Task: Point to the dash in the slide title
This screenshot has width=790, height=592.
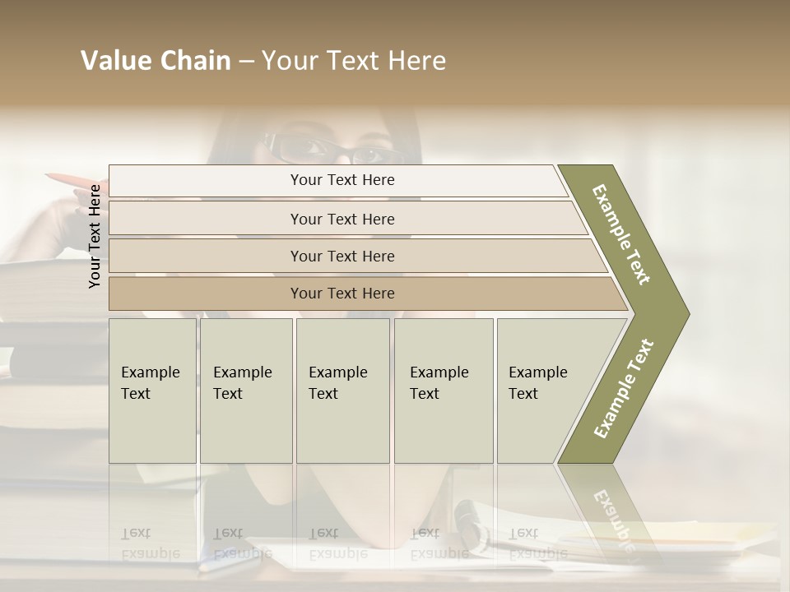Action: pos(246,62)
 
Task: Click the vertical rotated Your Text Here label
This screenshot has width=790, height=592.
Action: pos(95,236)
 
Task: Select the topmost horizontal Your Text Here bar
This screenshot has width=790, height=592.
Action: pos(342,180)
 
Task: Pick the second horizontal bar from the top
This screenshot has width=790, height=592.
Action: pos(342,219)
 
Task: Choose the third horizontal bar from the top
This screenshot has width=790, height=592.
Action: pos(342,256)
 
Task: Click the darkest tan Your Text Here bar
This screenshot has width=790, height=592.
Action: pos(342,294)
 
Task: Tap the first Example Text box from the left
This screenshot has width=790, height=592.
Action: pos(152,390)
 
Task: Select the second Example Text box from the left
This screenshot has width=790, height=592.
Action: pos(246,390)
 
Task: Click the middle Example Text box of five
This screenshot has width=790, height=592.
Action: pos(342,390)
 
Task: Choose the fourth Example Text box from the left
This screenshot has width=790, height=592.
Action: pos(444,390)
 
